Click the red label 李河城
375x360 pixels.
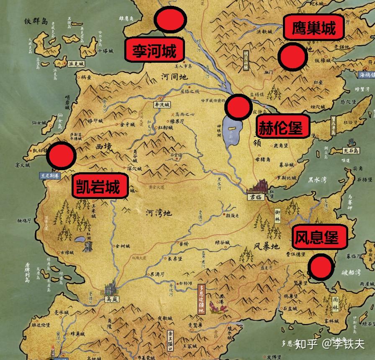(154, 51)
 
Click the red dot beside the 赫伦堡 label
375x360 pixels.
(238, 106)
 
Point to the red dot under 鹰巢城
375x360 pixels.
(292, 57)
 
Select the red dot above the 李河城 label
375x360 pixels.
(170, 20)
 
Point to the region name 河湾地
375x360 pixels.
(158, 213)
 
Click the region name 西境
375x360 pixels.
(104, 147)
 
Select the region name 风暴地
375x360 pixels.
(266, 246)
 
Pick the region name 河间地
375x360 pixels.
(175, 77)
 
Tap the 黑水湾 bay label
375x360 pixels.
(318, 179)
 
